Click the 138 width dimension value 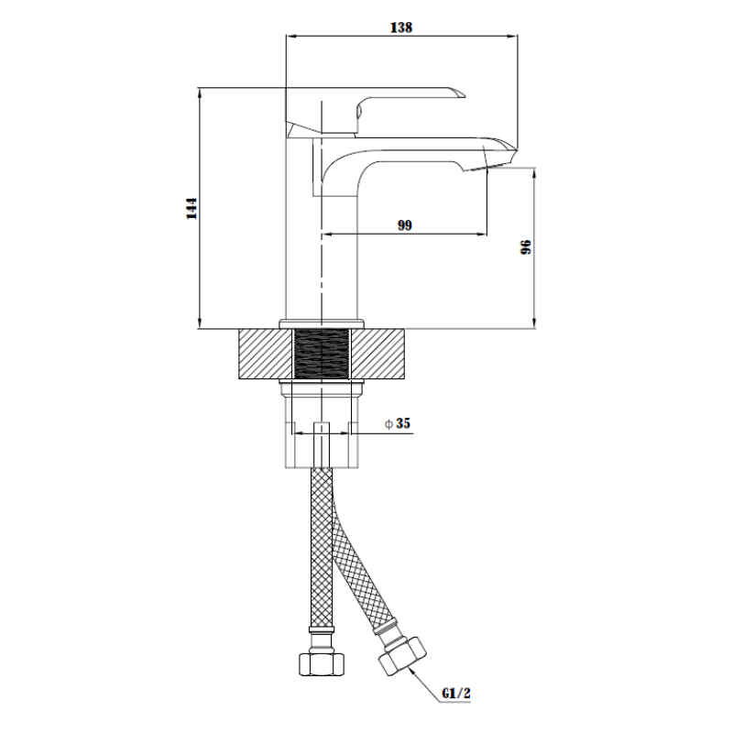(401, 27)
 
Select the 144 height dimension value (191, 209)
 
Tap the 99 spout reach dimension (405, 225)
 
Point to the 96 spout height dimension (525, 248)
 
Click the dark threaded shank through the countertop (322, 353)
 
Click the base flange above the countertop (321, 323)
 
